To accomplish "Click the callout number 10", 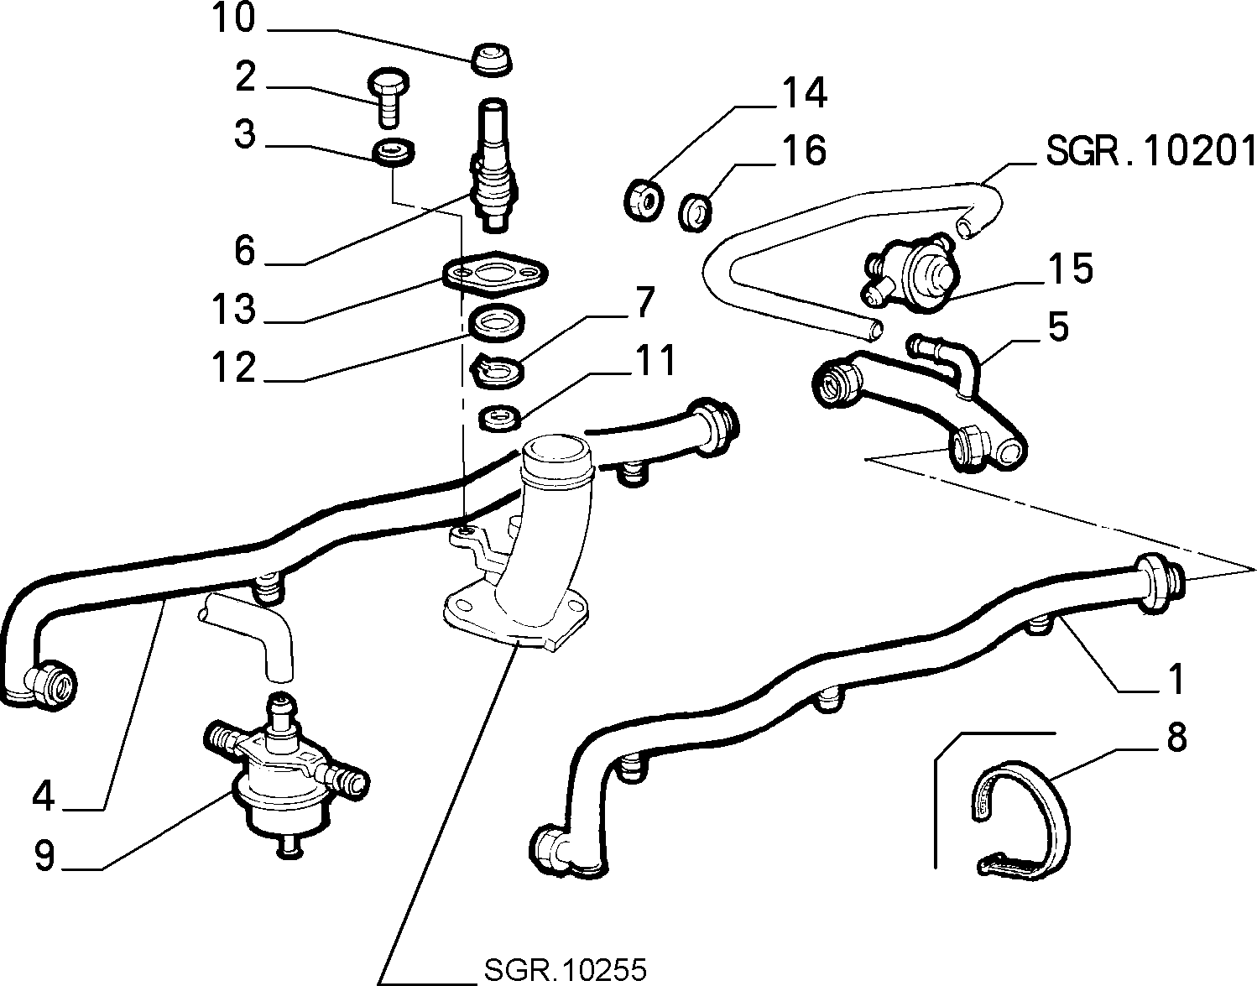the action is (233, 18).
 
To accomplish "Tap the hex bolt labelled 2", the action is (389, 97).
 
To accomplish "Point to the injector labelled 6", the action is (493, 165).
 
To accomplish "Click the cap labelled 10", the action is (492, 59).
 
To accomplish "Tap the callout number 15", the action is (1071, 269).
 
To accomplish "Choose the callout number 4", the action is (44, 796).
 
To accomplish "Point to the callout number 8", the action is (1176, 738).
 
